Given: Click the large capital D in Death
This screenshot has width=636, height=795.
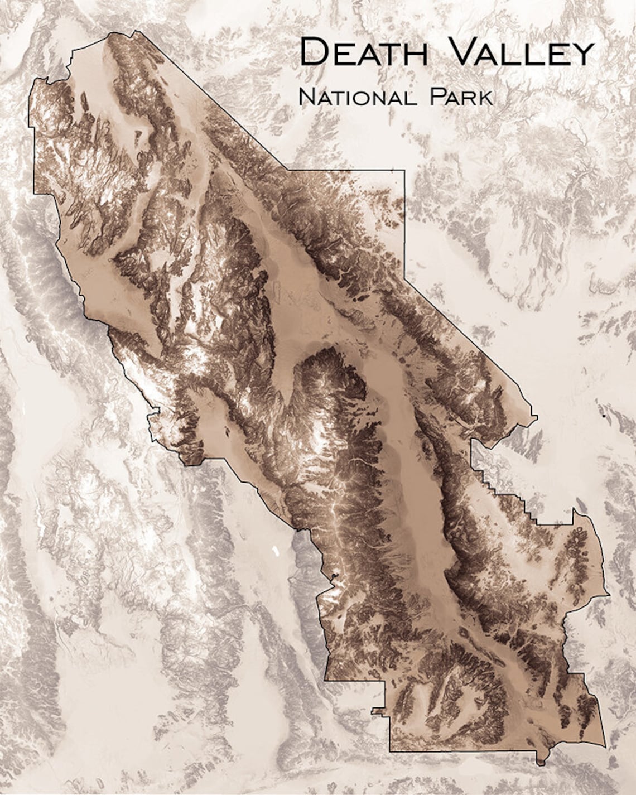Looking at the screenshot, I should pyautogui.click(x=313, y=52).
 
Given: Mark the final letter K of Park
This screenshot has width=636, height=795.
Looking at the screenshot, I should pyautogui.click(x=486, y=98).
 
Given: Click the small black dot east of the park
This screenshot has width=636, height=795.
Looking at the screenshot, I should pyautogui.click(x=604, y=416).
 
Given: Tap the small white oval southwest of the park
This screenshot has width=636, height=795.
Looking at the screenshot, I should pyautogui.click(x=274, y=552).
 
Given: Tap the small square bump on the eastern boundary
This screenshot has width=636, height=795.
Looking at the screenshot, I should pyautogui.click(x=534, y=416).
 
